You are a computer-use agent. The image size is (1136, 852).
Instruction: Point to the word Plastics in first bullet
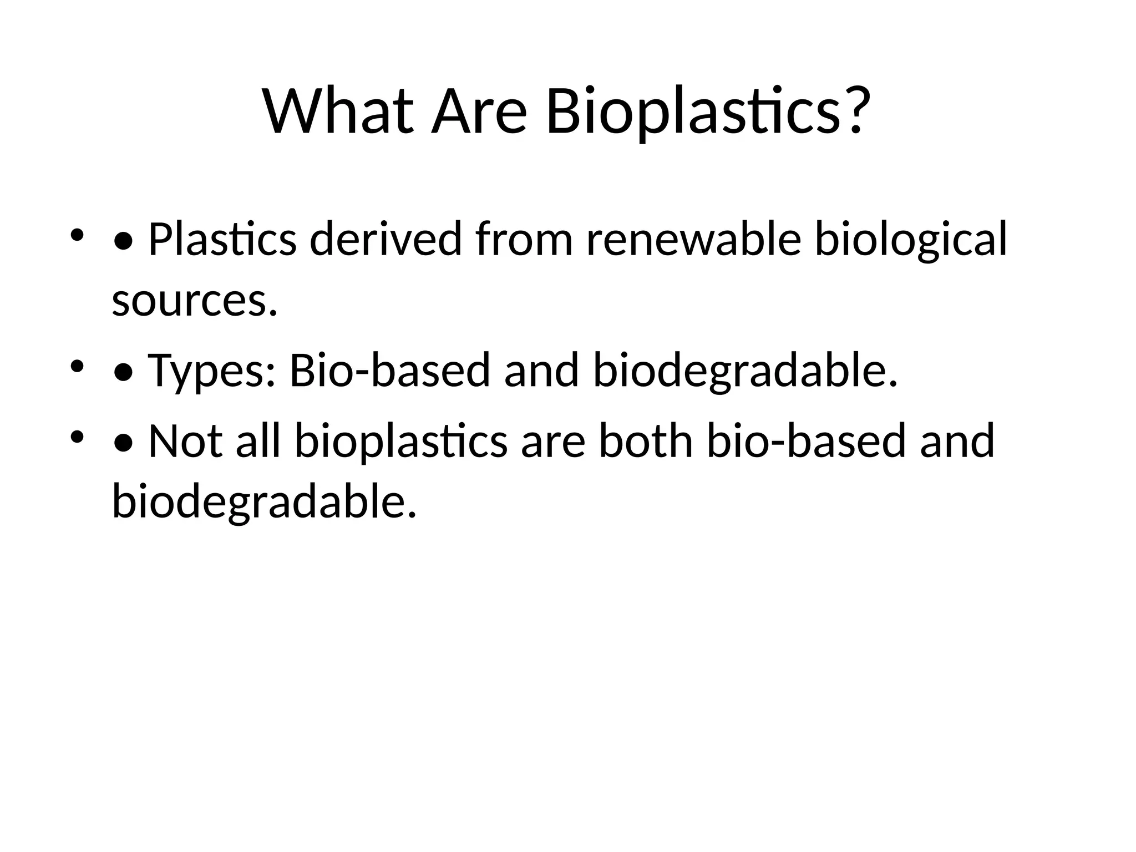222,239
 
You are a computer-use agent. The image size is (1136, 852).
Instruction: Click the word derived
386,239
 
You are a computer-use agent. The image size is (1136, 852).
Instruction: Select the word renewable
693,239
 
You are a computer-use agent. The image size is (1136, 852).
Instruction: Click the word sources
194,301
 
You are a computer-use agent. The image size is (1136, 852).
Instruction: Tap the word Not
186,441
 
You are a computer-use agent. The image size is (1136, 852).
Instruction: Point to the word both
646,441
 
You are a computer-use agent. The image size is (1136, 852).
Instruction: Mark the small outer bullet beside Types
77,367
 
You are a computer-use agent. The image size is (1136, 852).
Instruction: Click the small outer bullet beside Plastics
77,235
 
